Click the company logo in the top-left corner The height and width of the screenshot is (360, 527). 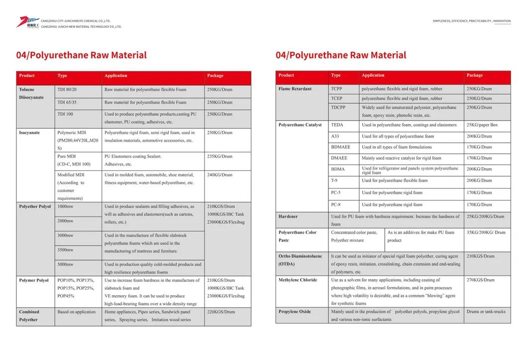pyautogui.click(x=27, y=22)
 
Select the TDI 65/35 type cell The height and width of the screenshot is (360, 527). pyautogui.click(x=67, y=103)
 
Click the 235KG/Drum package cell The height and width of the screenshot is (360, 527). pyautogui.click(x=219, y=156)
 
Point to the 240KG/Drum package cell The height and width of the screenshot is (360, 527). pyautogui.click(x=219, y=175)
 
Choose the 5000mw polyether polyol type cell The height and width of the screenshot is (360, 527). pyautogui.click(x=65, y=264)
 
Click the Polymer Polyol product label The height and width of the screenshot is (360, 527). pyautogui.click(x=34, y=280)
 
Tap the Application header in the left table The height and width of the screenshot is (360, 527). pyautogui.click(x=115, y=76)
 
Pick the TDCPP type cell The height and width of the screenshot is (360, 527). pyautogui.click(x=338, y=108)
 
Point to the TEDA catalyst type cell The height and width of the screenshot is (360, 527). pyautogui.click(x=337, y=125)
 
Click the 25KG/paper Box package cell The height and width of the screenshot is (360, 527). pyautogui.click(x=482, y=125)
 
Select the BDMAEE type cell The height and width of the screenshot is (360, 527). pyautogui.click(x=340, y=147)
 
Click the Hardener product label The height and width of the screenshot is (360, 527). pyautogui.click(x=288, y=217)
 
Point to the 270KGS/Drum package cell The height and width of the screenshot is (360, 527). pyautogui.click(x=480, y=280)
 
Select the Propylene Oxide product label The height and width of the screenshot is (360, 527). pyautogui.click(x=295, y=312)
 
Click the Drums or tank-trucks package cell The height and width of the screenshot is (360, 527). pyautogui.click(x=486, y=312)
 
